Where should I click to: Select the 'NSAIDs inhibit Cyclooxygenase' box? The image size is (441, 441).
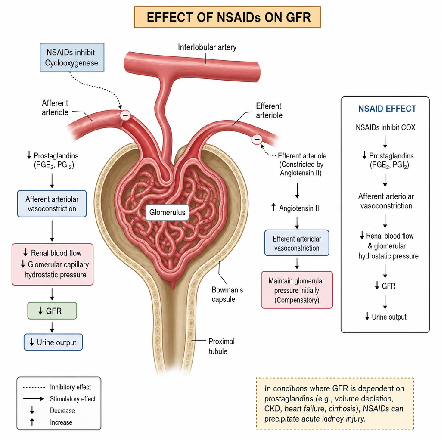(x=72, y=57)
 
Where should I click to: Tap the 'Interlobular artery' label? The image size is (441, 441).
(x=207, y=47)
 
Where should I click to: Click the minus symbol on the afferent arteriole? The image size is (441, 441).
(x=125, y=115)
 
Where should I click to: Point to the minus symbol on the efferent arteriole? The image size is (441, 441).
(x=257, y=139)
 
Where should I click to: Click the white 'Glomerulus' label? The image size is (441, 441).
(x=168, y=212)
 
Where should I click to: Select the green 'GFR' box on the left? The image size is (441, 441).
(x=52, y=311)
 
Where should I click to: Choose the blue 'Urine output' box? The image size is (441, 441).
(x=53, y=342)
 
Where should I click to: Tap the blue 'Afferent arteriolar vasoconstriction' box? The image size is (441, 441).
(x=52, y=204)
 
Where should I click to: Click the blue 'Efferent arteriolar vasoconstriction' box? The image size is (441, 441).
(x=297, y=243)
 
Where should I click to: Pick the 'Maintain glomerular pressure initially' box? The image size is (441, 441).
(x=297, y=290)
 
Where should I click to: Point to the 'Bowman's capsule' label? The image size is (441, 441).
(x=227, y=295)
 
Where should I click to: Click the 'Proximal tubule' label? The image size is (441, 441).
(x=222, y=346)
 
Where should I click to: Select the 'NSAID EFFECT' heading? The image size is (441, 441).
(x=387, y=109)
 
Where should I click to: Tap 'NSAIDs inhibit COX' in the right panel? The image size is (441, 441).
(x=385, y=127)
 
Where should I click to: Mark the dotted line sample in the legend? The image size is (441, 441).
(x=34, y=387)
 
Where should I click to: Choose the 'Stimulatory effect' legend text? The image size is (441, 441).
(x=73, y=399)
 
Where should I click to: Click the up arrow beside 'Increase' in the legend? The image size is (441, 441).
(x=32, y=422)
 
